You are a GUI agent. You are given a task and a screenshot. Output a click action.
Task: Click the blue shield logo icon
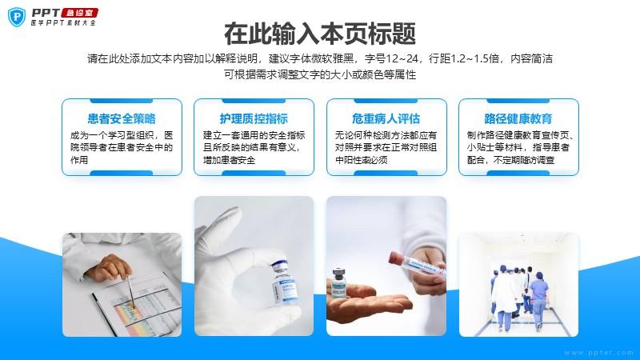pos(16,18)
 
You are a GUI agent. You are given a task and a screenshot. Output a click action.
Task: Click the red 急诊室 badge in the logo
pos(79,13)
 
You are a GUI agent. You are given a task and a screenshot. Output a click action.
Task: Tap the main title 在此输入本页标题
pos(320,34)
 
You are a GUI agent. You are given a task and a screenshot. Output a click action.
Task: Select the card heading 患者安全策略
pos(122,118)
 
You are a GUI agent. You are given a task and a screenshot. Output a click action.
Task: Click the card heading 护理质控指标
pos(254,118)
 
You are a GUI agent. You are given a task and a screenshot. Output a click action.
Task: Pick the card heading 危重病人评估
pos(386,118)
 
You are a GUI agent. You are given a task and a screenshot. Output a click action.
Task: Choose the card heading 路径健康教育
pos(518,118)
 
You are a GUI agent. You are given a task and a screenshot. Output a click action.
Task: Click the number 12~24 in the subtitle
pos(402,58)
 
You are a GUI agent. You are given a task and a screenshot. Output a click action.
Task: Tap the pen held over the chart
pos(130,291)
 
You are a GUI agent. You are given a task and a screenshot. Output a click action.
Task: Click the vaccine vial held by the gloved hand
pos(284,282)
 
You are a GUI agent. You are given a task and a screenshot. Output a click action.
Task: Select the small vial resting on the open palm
pos(338,282)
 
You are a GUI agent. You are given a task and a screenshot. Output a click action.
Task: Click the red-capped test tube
pos(415,265)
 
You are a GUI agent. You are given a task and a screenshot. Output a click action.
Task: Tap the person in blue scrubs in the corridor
pos(539,301)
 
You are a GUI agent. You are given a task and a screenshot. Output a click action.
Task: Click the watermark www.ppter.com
pos(598,353)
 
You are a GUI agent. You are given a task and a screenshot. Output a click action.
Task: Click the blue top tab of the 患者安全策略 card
pos(122,101)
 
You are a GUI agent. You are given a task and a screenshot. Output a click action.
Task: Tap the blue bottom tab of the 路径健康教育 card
pos(518,173)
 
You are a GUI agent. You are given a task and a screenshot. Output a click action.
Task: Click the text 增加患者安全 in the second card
pos(229,160)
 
